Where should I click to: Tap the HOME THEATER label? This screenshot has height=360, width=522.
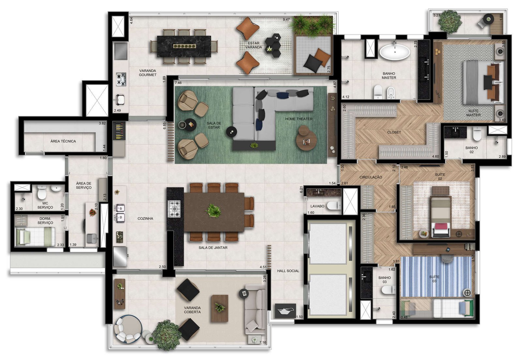pyautogui.click(x=299, y=119)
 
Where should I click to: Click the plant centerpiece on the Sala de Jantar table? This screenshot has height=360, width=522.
pyautogui.click(x=213, y=211)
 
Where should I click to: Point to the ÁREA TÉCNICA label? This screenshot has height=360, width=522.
pyautogui.click(x=63, y=141)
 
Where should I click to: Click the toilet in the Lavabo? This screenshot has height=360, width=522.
pyautogui.click(x=334, y=206)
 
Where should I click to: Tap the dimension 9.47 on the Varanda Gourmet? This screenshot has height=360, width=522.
pyautogui.click(x=286, y=20)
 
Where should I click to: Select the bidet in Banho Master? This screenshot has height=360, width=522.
pyautogui.click(x=391, y=92)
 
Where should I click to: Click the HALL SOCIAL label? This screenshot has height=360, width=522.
pyautogui.click(x=288, y=271)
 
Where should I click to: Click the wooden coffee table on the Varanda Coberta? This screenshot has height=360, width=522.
pyautogui.click(x=220, y=308)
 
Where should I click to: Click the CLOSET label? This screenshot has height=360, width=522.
pyautogui.click(x=394, y=132)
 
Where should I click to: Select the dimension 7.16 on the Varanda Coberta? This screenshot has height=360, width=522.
pyautogui.click(x=263, y=342)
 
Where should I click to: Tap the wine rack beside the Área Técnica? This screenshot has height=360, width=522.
pyautogui.click(x=119, y=131)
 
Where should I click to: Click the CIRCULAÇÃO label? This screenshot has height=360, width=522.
pyautogui.click(x=371, y=177)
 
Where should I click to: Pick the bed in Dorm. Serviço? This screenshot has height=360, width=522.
pyautogui.click(x=35, y=236)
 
